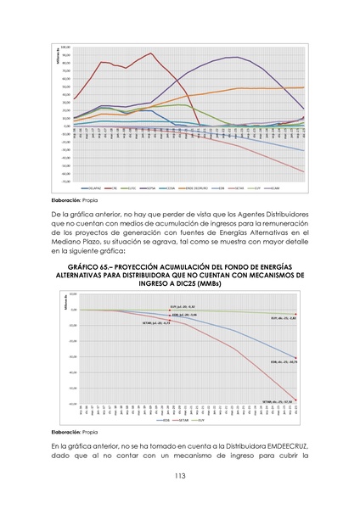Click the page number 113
[x=180, y=475]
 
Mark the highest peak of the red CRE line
[x=151, y=53]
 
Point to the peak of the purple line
[x=233, y=57]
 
